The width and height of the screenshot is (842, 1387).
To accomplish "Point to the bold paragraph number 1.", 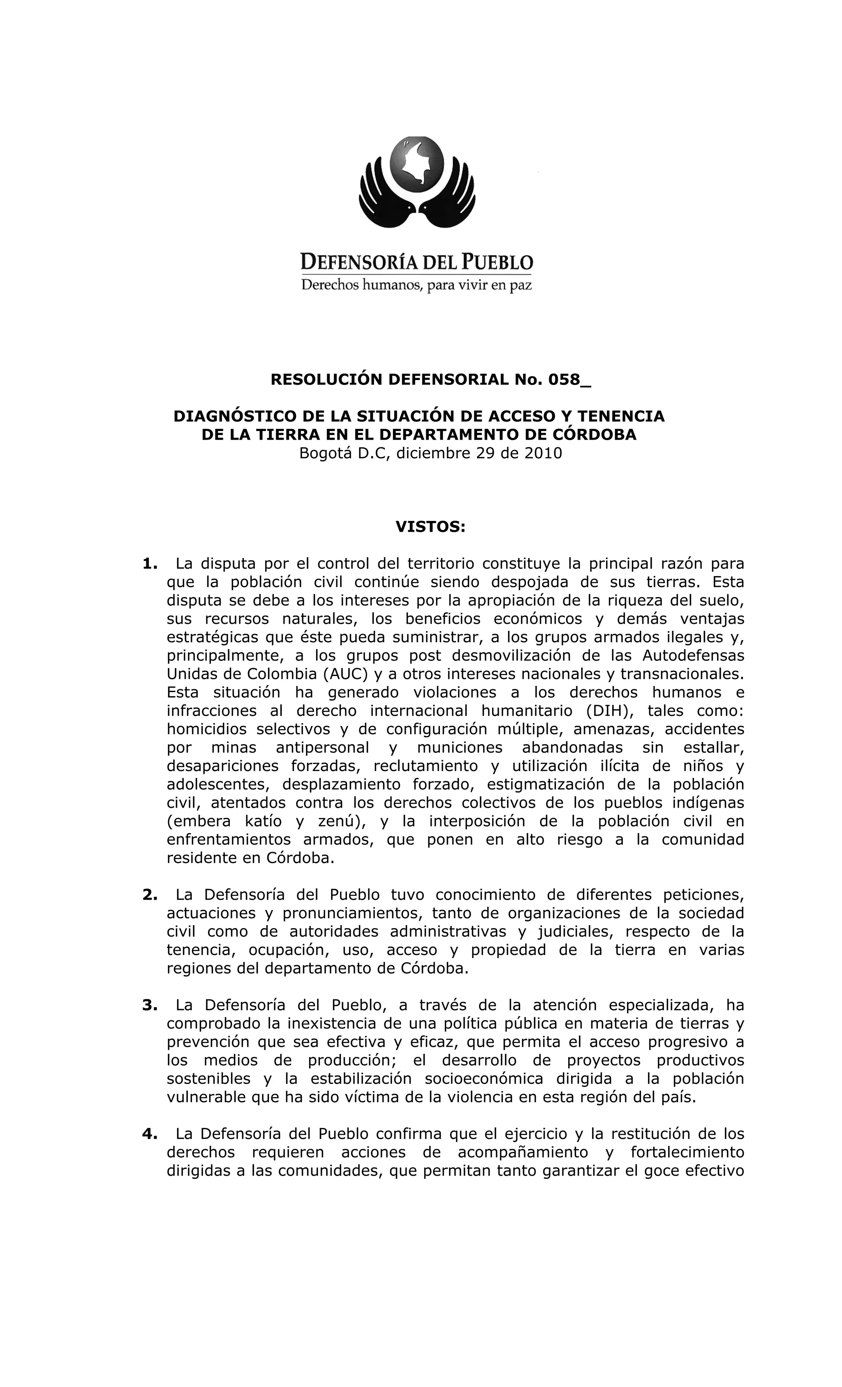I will click(149, 563).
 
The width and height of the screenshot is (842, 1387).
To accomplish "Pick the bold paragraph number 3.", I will click(149, 1005).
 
